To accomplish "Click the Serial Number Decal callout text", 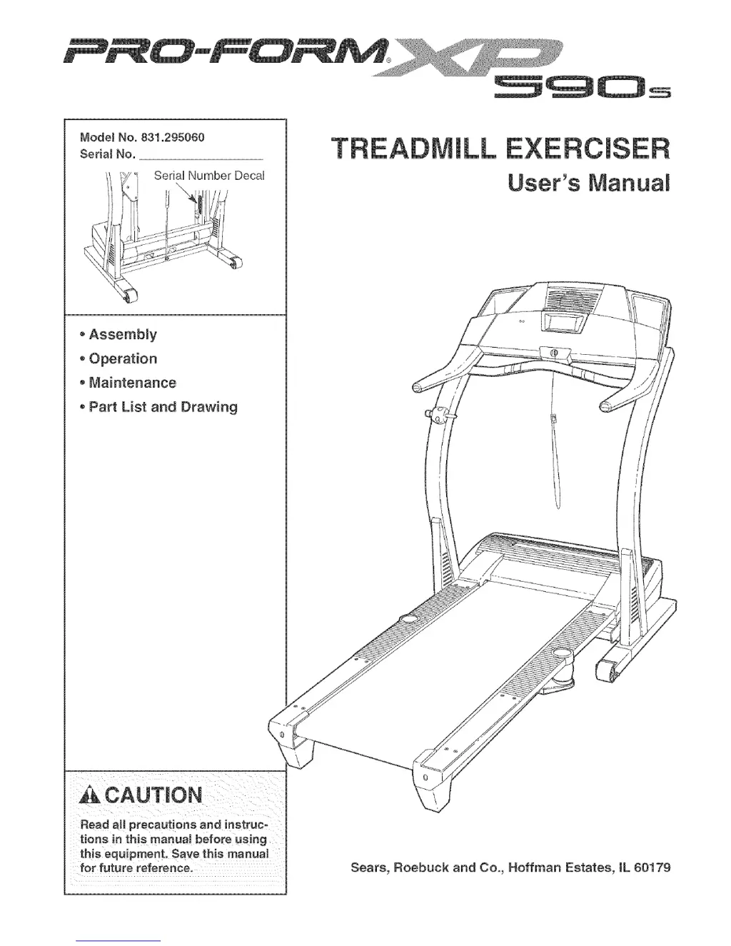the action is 209,176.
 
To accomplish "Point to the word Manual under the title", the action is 627,183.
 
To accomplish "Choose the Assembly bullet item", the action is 122,335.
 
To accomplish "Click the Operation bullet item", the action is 123,359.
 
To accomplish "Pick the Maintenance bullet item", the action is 132,383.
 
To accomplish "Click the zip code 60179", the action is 650,868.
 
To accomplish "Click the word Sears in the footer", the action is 369,868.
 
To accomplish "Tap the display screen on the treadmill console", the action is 560,322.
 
